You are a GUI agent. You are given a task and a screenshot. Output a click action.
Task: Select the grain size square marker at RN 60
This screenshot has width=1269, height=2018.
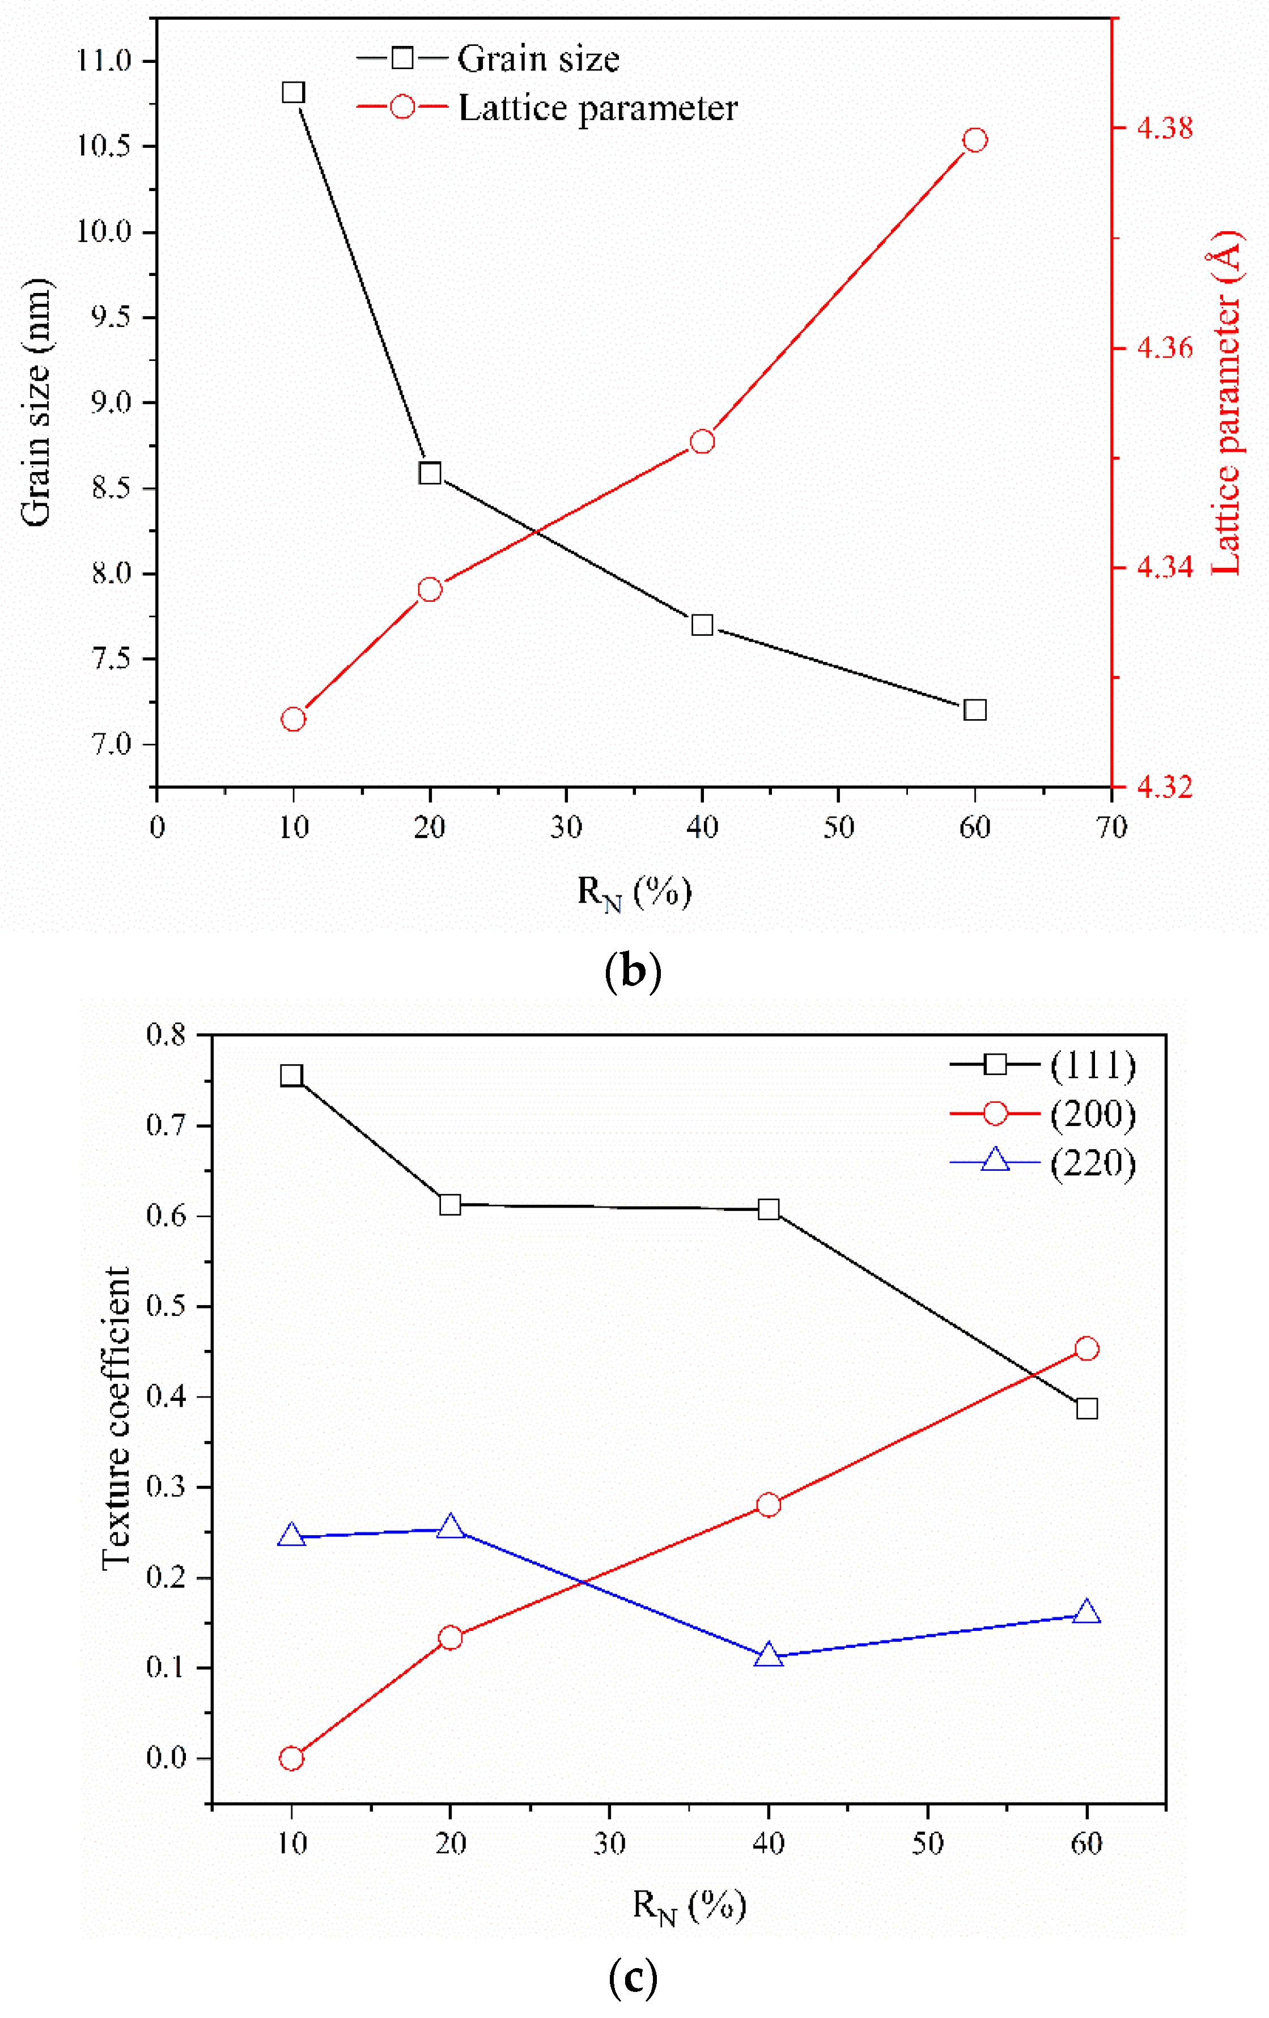pos(974,710)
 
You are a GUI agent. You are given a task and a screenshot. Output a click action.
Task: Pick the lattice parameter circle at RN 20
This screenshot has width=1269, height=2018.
pos(429,590)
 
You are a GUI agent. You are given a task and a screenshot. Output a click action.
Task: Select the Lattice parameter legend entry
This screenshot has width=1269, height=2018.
pos(597,108)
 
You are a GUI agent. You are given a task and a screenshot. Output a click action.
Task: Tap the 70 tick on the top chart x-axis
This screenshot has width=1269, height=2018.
pos(1111,828)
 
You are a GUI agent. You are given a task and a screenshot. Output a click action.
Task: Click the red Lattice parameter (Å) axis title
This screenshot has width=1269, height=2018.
pos(1225,402)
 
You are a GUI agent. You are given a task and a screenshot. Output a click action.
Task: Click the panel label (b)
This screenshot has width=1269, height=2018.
pos(633,971)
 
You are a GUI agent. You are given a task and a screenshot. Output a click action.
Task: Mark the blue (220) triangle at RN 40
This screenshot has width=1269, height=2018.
pos(768,1655)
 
